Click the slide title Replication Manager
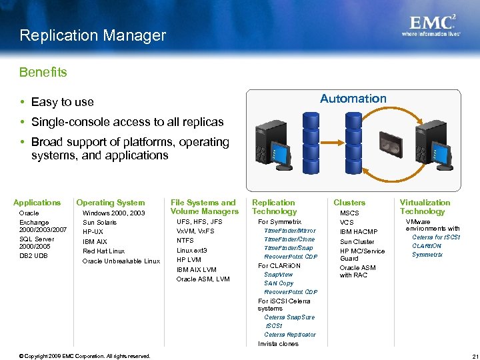tap(93, 35)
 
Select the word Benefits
tap(43, 72)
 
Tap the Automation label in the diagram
tap(353, 99)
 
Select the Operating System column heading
tap(111, 203)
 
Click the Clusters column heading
tap(349, 203)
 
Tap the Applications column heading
tap(37, 203)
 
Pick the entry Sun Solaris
tap(99, 223)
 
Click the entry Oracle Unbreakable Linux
tap(121, 261)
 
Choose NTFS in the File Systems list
tap(185, 241)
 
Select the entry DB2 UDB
tap(34, 256)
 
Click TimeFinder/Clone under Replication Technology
tap(289, 239)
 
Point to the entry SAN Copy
tap(279, 283)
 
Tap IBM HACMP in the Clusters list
tap(359, 232)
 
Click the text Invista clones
tap(278, 344)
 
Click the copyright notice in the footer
tap(85, 356)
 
